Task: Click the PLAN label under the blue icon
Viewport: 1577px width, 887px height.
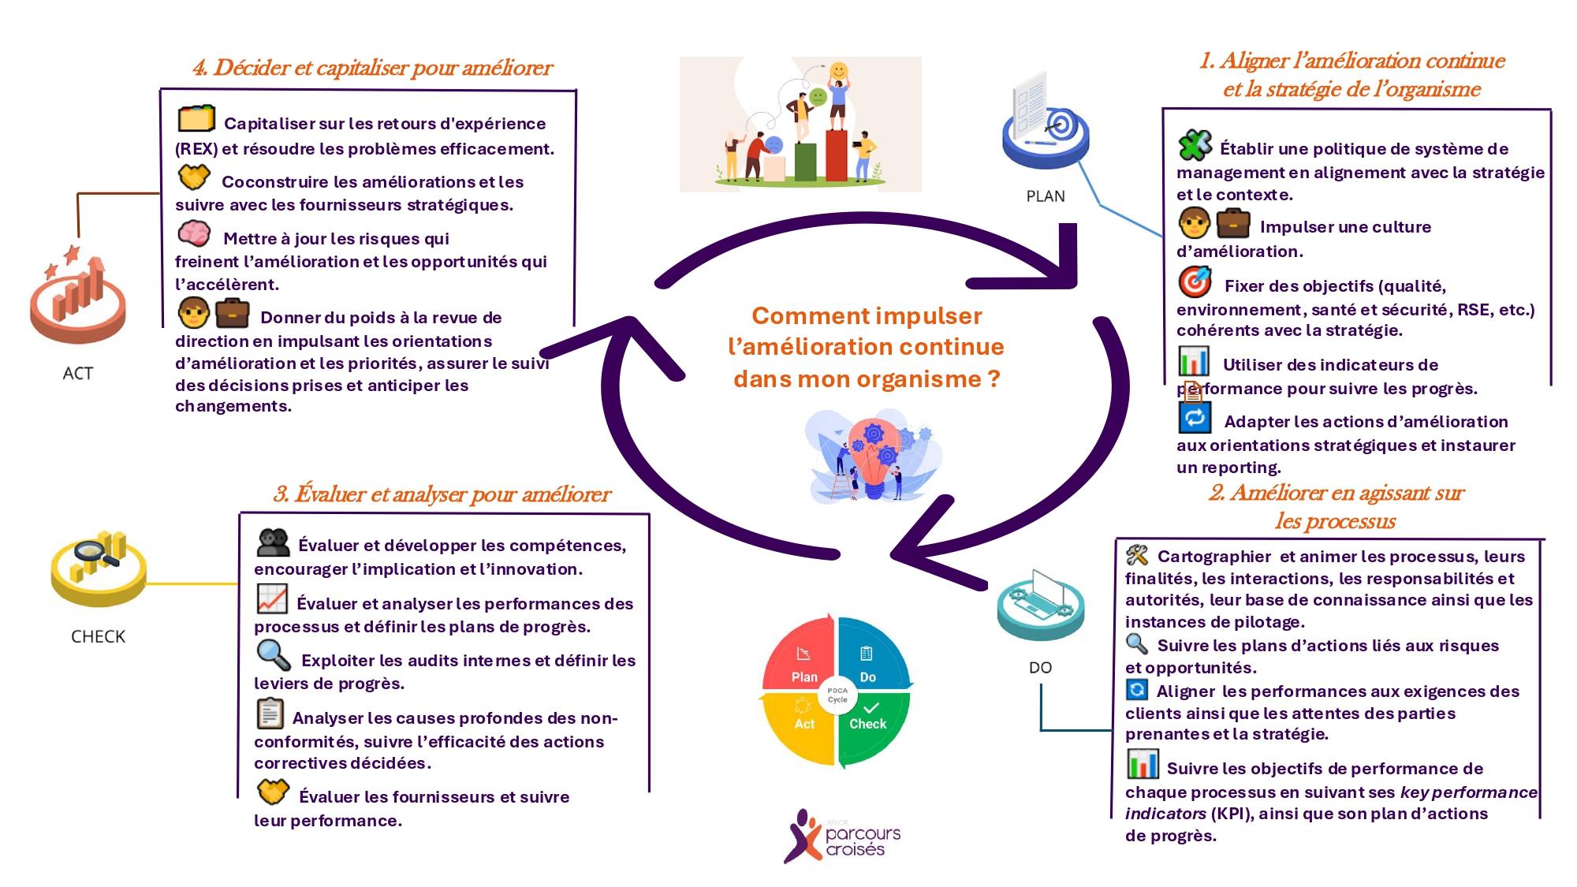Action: (x=1045, y=196)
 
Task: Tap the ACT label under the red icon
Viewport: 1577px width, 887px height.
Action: (x=77, y=374)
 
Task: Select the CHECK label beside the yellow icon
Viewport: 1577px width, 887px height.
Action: (x=98, y=636)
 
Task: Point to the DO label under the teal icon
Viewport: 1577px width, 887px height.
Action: (x=1040, y=668)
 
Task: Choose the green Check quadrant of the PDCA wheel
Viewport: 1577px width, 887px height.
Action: (x=871, y=725)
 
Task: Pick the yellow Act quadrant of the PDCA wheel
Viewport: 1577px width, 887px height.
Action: (x=800, y=725)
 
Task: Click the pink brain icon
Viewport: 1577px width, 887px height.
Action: (x=193, y=233)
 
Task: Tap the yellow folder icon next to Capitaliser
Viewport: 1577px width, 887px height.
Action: (x=196, y=118)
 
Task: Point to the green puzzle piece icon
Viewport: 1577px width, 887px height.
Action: (x=1195, y=145)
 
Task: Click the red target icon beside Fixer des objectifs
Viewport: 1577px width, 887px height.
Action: (x=1195, y=281)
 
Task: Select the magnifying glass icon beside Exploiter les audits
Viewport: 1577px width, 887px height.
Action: (x=273, y=654)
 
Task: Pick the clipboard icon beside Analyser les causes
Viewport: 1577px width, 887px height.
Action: (x=270, y=714)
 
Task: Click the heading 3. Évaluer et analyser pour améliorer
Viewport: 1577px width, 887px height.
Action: (x=442, y=494)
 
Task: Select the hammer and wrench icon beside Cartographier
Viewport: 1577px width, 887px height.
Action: (x=1136, y=555)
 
